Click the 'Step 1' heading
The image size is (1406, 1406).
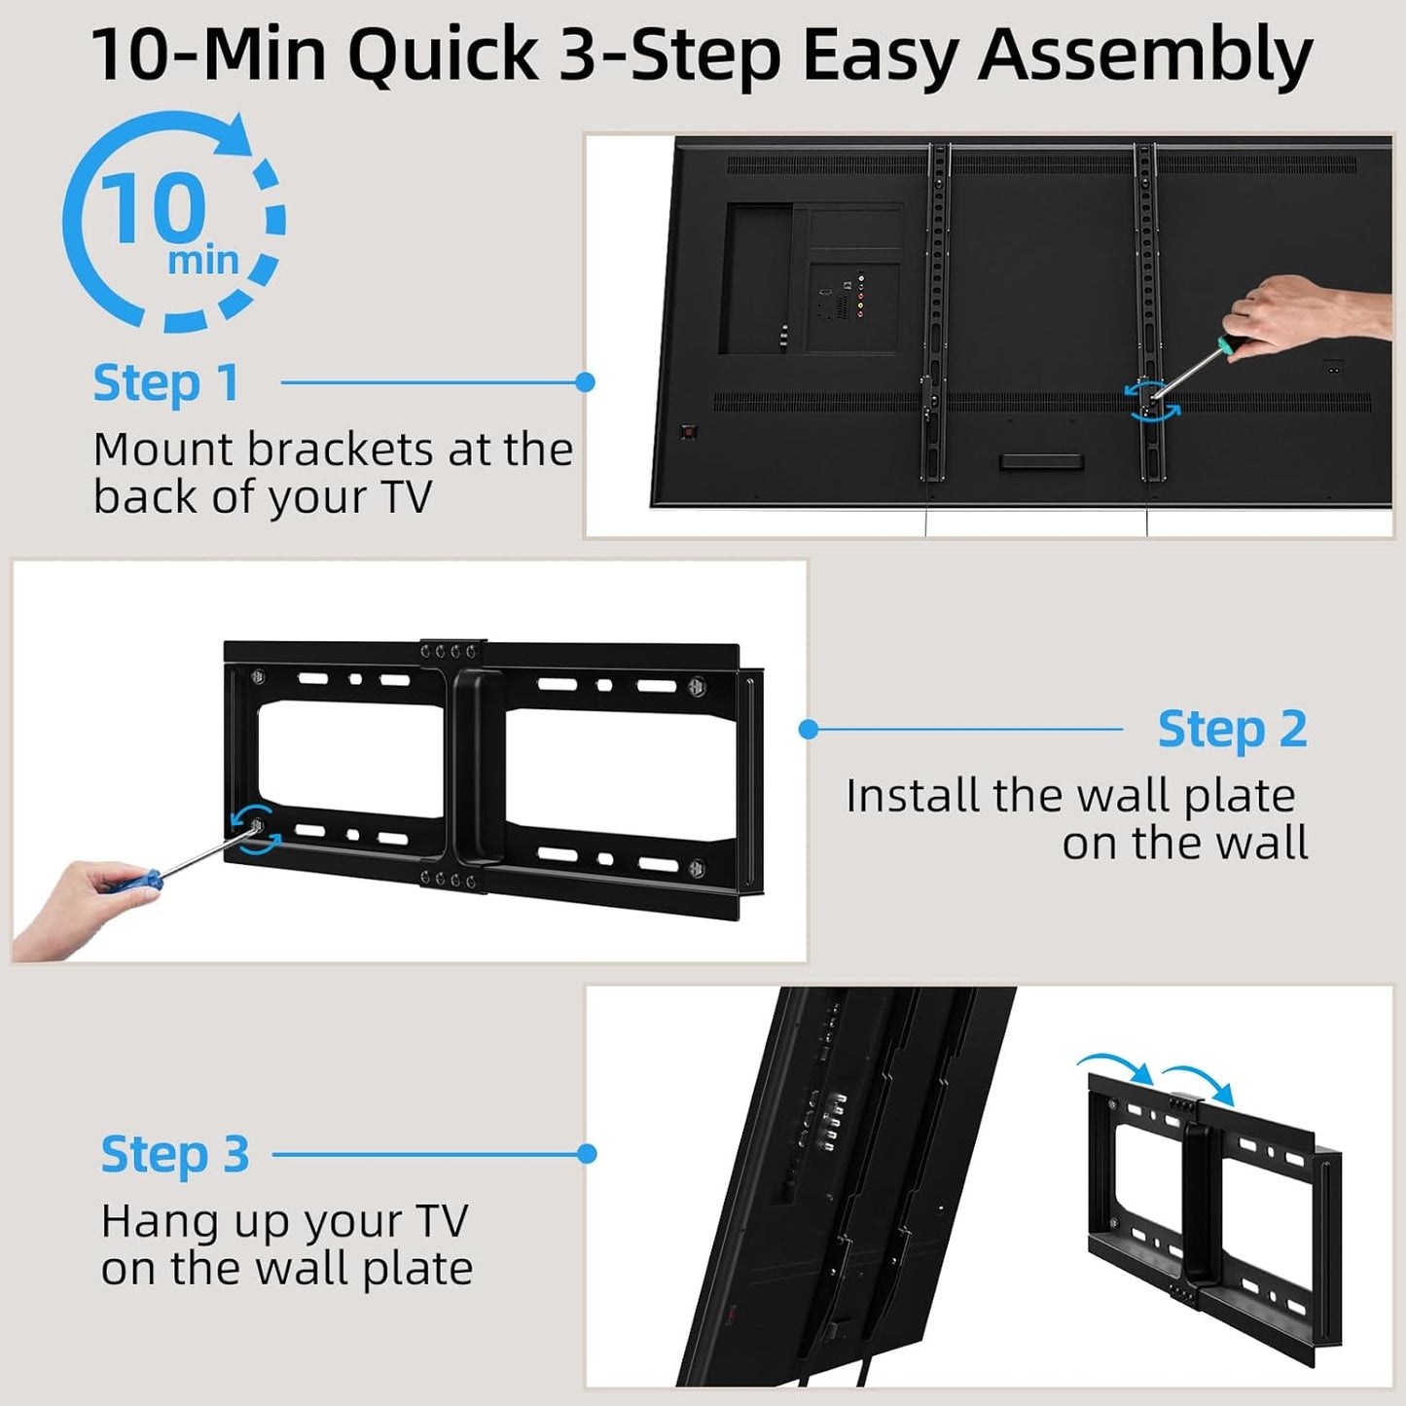point(165,382)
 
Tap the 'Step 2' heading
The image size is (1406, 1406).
point(1232,729)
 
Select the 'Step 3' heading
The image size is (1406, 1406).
point(175,1155)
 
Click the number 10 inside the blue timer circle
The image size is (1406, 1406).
point(153,207)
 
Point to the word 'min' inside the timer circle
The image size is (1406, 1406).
point(202,261)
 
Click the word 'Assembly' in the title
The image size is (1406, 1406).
point(1145,55)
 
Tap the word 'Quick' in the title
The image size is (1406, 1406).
point(443,55)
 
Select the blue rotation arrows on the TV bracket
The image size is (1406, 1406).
point(1152,401)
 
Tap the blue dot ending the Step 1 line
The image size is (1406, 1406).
point(585,382)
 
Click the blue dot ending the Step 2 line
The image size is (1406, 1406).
point(809,729)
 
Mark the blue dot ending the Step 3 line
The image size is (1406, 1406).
point(586,1154)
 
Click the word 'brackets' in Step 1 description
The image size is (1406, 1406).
point(326,450)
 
